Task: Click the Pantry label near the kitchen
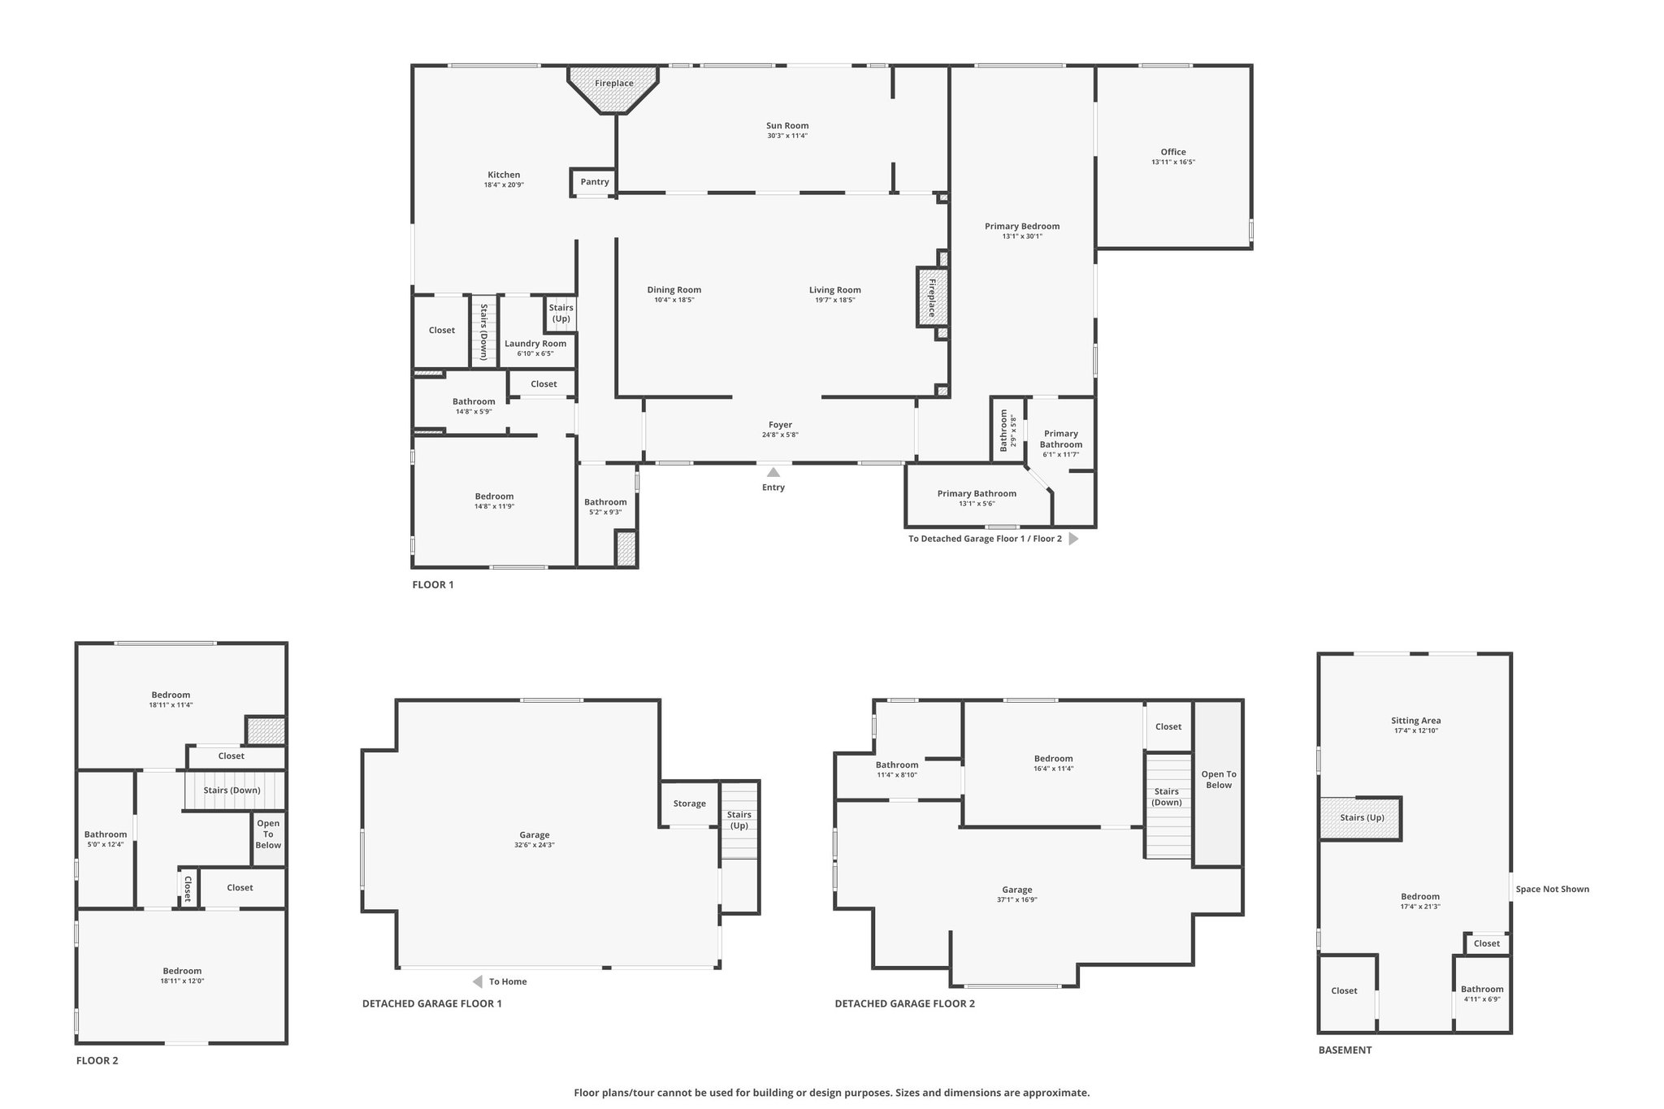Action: [x=595, y=182]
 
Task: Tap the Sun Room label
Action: [x=787, y=126]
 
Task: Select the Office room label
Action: [x=1173, y=152]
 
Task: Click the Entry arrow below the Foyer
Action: [x=773, y=472]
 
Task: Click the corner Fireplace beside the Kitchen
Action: [x=613, y=89]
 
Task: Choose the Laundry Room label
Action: [x=535, y=344]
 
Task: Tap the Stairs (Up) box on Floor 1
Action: [x=561, y=313]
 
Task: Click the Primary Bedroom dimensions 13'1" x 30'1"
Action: [x=1022, y=236]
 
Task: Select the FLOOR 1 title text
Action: [x=433, y=585]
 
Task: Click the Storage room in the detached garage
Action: [x=689, y=804]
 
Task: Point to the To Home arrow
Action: [x=478, y=981]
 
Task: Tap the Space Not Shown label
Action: [x=1552, y=889]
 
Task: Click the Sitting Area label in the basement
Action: [x=1415, y=721]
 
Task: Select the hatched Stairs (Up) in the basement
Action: [x=1361, y=818]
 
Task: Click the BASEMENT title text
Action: [x=1345, y=1050]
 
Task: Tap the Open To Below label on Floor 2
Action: [x=268, y=834]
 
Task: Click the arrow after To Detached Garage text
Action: [x=1073, y=539]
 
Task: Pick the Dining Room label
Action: [x=674, y=290]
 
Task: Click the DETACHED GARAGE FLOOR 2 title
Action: [x=905, y=1003]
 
